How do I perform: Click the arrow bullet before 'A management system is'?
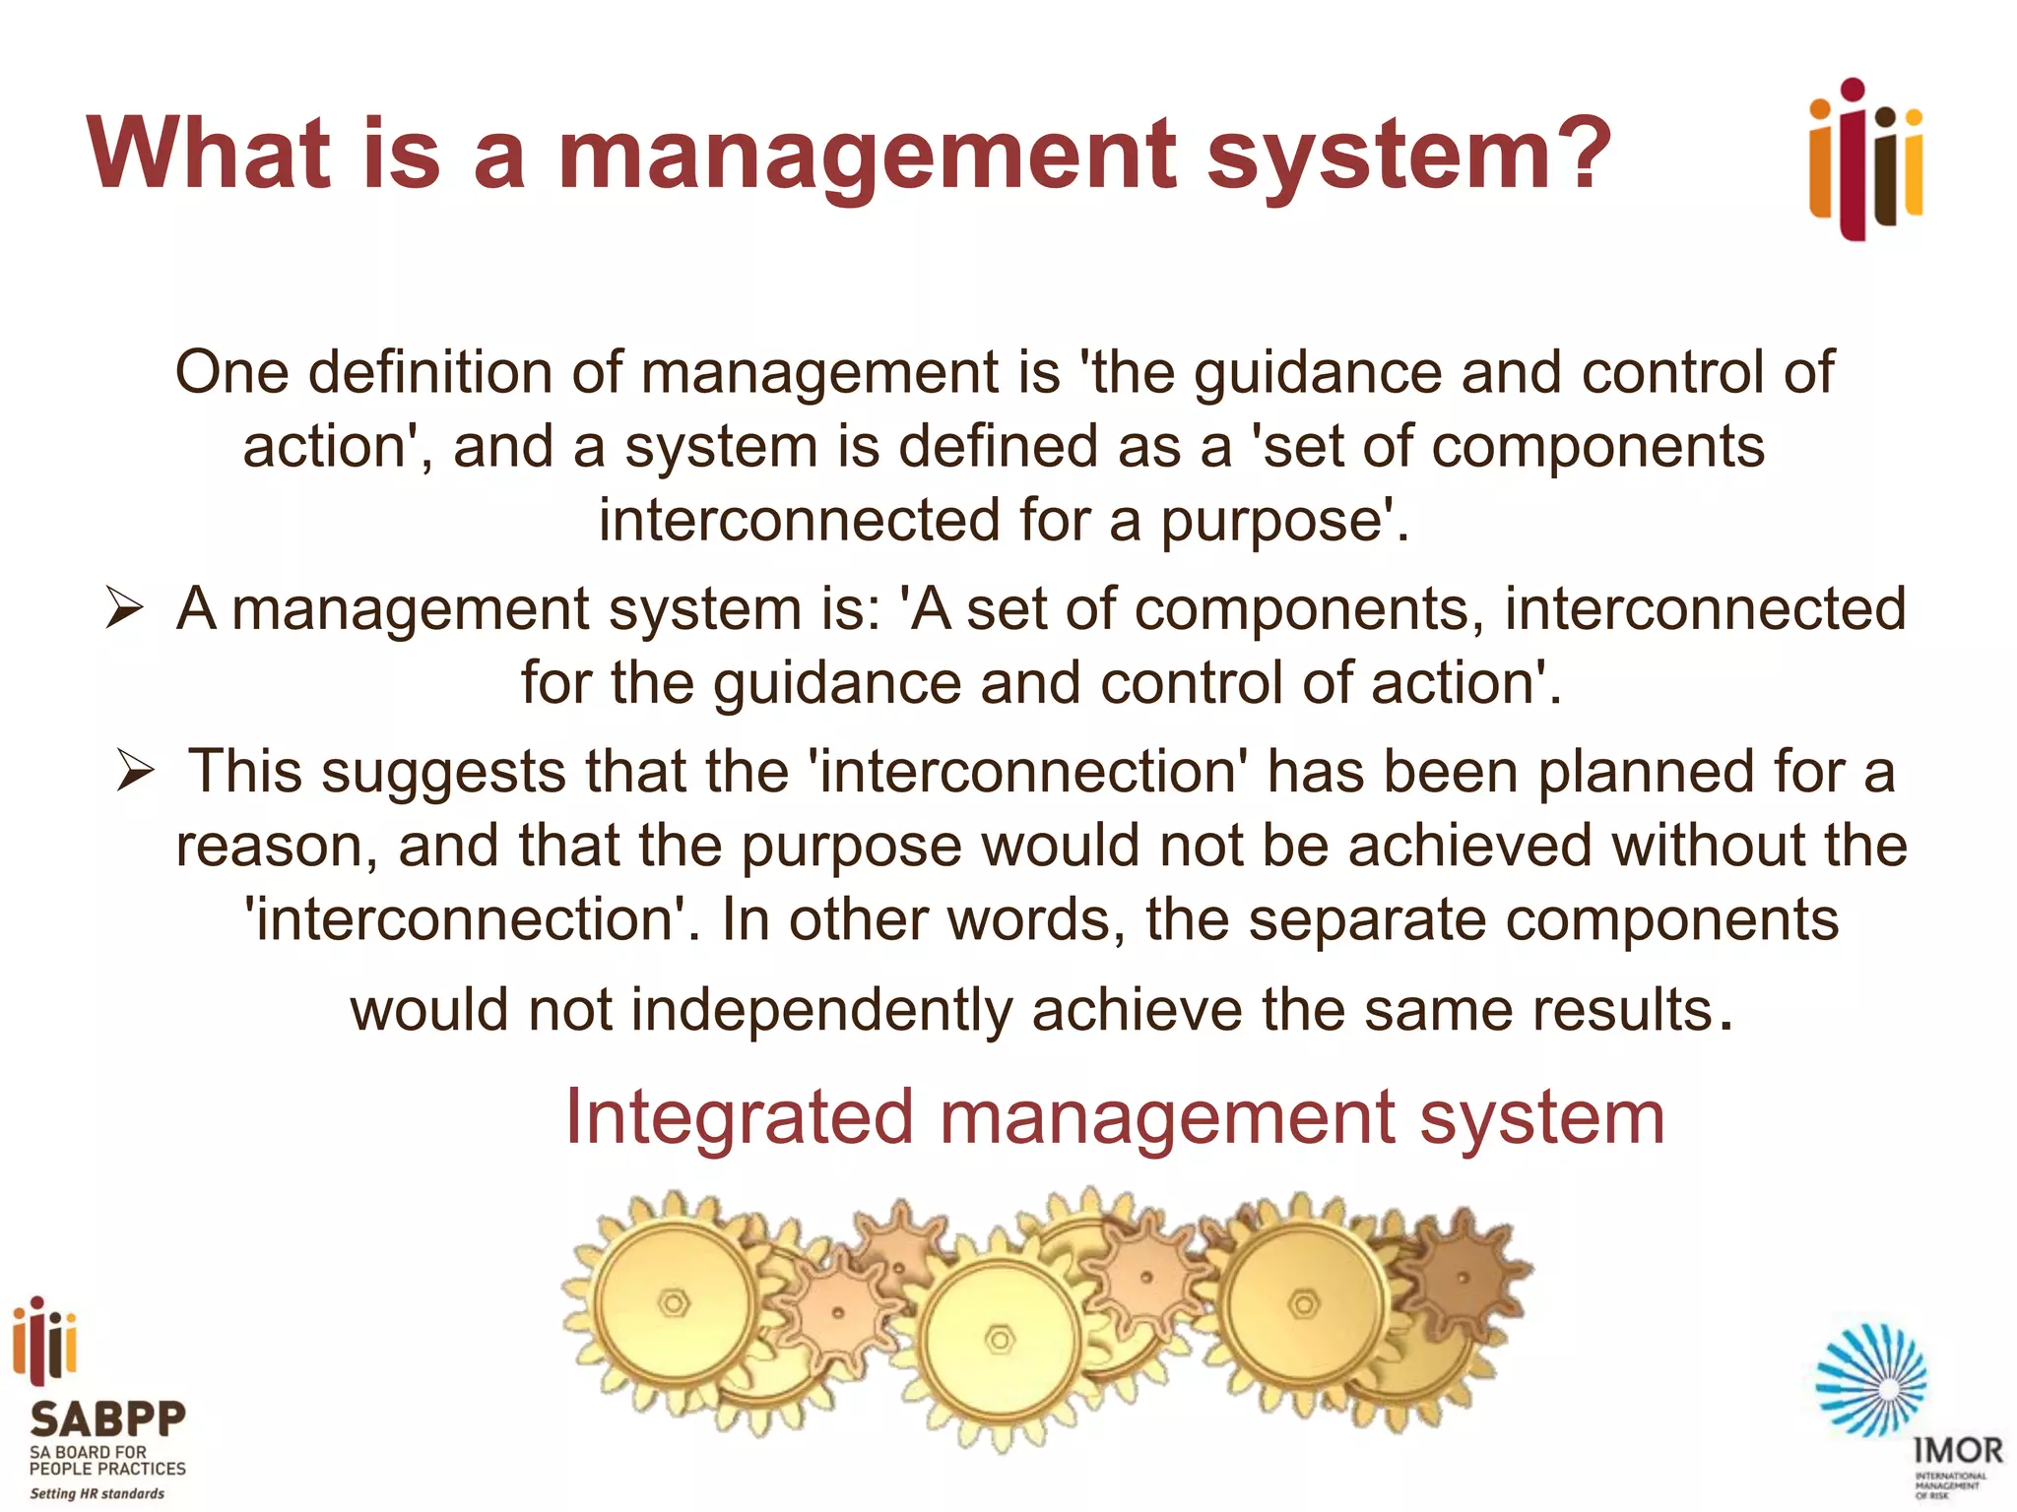point(125,607)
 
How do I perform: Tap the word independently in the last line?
point(821,1011)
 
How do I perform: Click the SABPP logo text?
point(107,1419)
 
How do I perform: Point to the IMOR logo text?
point(1958,1450)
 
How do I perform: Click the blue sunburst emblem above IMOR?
point(1871,1380)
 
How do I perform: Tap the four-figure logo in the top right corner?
point(1865,159)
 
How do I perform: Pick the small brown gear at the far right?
point(1462,1278)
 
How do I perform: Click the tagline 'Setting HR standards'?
point(97,1493)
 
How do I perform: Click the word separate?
point(1367,920)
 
